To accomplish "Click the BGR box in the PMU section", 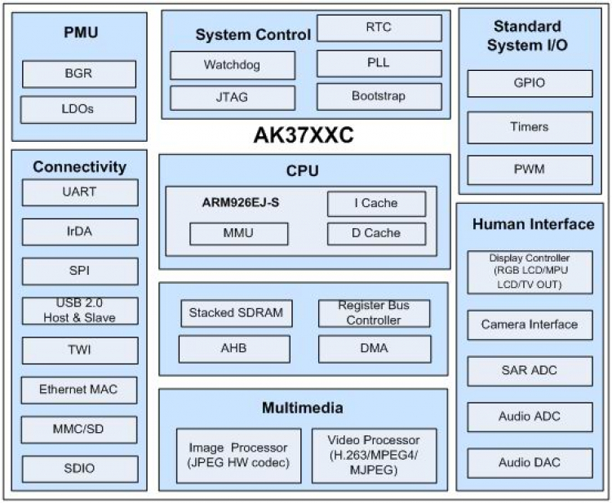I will click(x=78, y=73).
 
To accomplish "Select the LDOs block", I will click(x=78, y=109).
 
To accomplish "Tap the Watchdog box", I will click(x=232, y=64).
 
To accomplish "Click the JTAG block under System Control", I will click(x=232, y=97).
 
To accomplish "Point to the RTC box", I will click(x=379, y=28).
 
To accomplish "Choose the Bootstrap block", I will click(x=379, y=96).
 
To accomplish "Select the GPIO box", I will click(x=530, y=83).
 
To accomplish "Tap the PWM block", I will click(x=530, y=170).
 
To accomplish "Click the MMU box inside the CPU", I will click(x=238, y=233).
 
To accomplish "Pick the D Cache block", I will click(x=376, y=233).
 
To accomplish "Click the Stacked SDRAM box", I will click(x=236, y=312).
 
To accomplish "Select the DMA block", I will click(x=374, y=348).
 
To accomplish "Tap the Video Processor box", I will click(x=374, y=455).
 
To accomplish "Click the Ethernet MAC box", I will click(x=78, y=390).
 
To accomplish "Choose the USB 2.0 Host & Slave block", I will click(x=79, y=311).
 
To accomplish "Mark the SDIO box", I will click(x=79, y=468).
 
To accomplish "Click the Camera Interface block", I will click(x=529, y=324).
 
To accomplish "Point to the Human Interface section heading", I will click(x=533, y=224).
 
